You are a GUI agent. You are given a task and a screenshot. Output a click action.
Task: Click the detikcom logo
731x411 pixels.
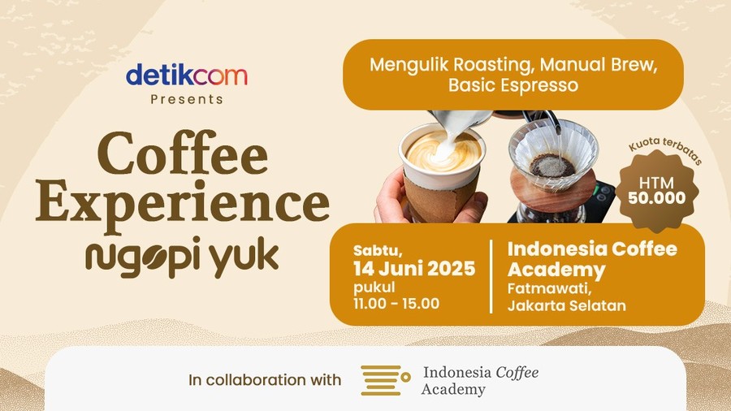187,76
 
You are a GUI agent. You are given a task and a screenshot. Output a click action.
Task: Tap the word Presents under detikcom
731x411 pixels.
187,99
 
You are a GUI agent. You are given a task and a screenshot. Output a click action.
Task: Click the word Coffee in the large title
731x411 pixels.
183,154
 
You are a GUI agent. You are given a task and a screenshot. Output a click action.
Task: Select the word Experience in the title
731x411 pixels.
183,204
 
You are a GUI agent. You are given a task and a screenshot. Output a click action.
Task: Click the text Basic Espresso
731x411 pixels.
513,85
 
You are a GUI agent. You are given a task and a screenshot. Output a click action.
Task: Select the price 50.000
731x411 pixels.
656,198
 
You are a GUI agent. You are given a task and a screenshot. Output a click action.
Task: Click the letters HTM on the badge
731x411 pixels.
656,183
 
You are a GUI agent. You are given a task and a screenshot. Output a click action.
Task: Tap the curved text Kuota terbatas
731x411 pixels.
665,149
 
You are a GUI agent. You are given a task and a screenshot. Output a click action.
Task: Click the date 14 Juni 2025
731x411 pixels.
414,269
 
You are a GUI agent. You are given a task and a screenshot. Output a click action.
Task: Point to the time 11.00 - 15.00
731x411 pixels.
396,304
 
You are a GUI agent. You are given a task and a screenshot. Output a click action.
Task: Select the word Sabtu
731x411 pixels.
378,251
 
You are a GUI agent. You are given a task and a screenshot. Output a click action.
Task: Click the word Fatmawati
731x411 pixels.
549,289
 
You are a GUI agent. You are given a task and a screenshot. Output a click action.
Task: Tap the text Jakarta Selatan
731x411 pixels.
566,305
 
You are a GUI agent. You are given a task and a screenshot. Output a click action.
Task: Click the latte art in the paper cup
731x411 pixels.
443,151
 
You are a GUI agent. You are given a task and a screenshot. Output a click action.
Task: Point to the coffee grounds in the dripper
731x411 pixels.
552,166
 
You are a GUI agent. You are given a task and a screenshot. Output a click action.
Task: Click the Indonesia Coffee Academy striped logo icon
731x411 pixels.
385,380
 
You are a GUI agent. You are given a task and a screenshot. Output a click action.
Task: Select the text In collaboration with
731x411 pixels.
265,380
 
